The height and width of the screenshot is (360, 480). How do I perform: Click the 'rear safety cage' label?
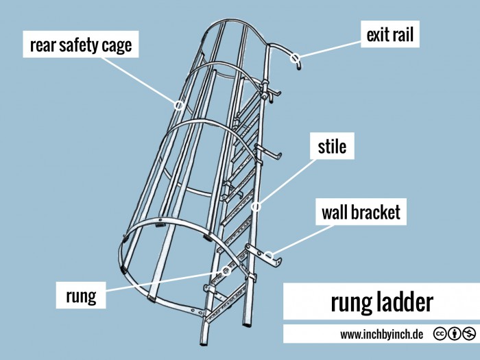81,46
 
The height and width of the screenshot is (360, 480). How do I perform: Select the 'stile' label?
332,147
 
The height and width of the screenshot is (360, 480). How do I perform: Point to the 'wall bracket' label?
361,213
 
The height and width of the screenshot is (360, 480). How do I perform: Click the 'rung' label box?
80,296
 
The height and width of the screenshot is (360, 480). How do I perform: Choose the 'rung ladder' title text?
382,302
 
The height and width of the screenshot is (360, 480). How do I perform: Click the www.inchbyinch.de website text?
381,335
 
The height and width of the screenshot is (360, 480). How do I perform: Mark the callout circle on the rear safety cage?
178,106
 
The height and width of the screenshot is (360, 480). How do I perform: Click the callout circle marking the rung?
226,272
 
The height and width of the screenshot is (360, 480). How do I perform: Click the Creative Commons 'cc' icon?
439,334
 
